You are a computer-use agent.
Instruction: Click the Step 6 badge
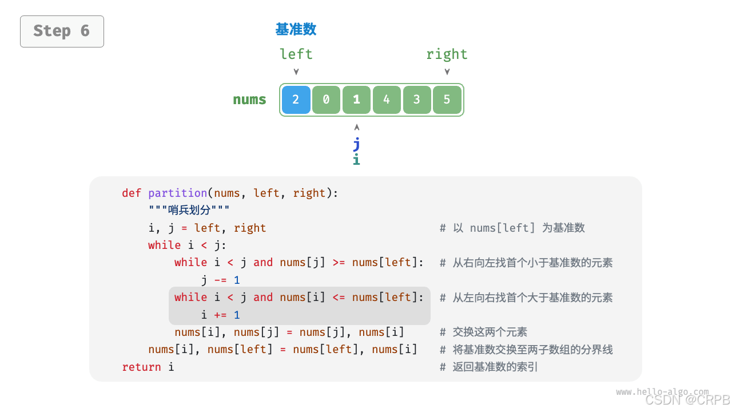[62, 31]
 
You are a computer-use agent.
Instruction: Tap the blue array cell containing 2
[296, 100]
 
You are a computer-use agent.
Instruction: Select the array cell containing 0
[326, 100]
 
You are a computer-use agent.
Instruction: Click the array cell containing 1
[356, 100]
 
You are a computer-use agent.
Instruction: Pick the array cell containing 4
[387, 100]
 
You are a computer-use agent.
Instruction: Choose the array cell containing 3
[416, 100]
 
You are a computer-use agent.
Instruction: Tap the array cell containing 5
[447, 100]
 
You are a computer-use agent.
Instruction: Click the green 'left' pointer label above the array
[296, 54]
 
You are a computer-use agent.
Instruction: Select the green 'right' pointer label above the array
[447, 54]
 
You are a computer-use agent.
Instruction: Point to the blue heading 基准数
[296, 29]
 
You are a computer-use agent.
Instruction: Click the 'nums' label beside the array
[249, 100]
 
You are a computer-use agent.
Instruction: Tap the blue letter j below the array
[356, 144]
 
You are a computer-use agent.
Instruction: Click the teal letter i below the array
[356, 160]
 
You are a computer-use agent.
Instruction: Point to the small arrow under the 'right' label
[447, 72]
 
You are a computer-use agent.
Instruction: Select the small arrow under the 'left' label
[296, 72]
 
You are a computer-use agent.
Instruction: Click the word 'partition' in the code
[177, 193]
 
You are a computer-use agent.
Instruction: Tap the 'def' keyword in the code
[132, 193]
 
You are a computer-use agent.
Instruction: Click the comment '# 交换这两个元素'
[483, 332]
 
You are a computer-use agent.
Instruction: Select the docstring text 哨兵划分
[189, 211]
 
